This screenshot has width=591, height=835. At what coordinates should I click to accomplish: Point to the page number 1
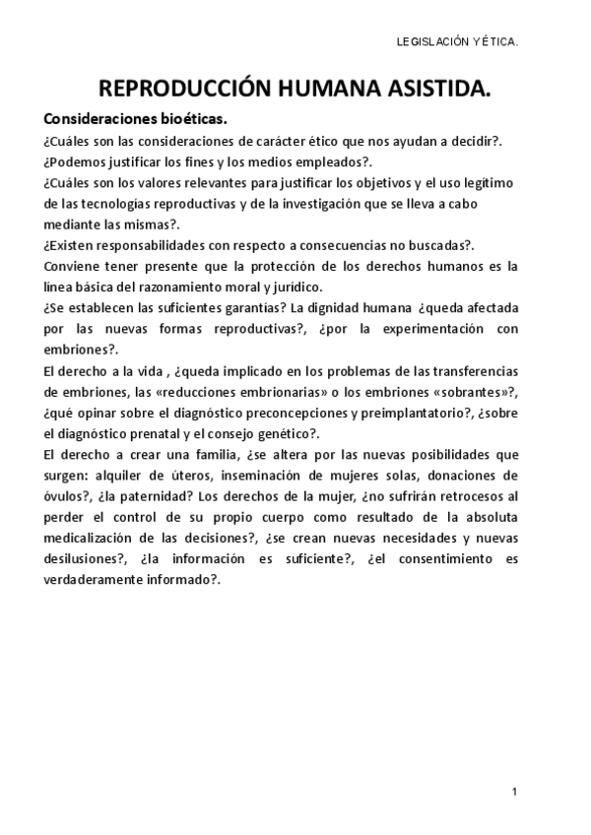(514, 792)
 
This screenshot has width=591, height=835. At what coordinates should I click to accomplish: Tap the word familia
(203, 456)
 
